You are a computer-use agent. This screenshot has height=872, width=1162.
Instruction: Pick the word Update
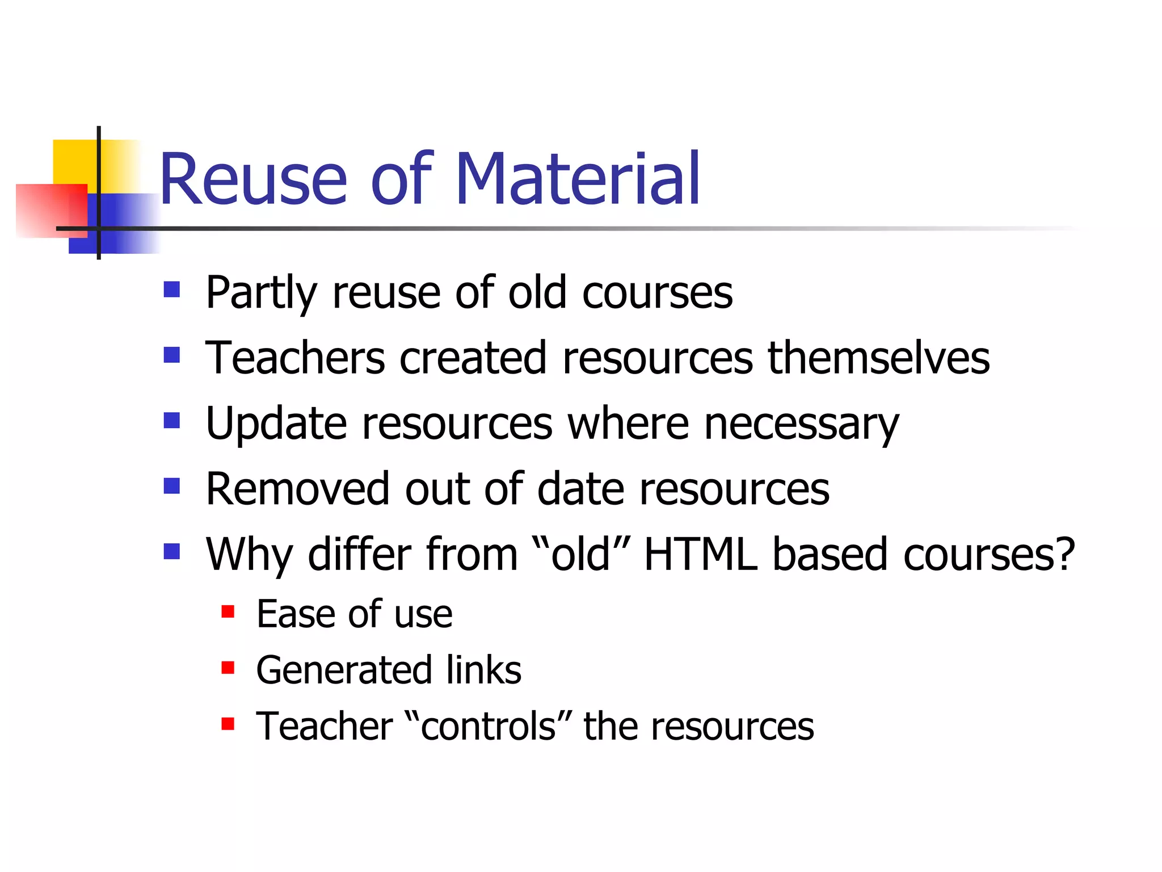coord(276,424)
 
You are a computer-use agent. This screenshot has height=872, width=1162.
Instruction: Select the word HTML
coord(701,554)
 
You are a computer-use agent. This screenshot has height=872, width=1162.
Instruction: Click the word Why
coord(249,555)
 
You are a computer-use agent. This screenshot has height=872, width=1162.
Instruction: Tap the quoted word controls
coord(489,726)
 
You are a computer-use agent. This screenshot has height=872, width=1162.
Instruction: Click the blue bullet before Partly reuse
coord(171,290)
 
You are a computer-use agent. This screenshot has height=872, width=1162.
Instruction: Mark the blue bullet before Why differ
coord(171,551)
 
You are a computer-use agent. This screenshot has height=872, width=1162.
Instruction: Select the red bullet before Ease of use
coord(228,611)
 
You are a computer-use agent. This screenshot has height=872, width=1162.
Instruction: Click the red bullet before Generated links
coord(228,668)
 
